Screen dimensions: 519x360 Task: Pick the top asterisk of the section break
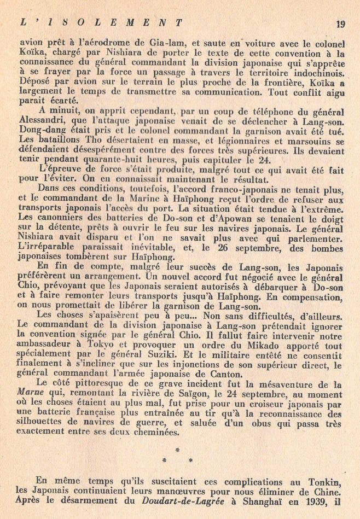click(176, 450)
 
